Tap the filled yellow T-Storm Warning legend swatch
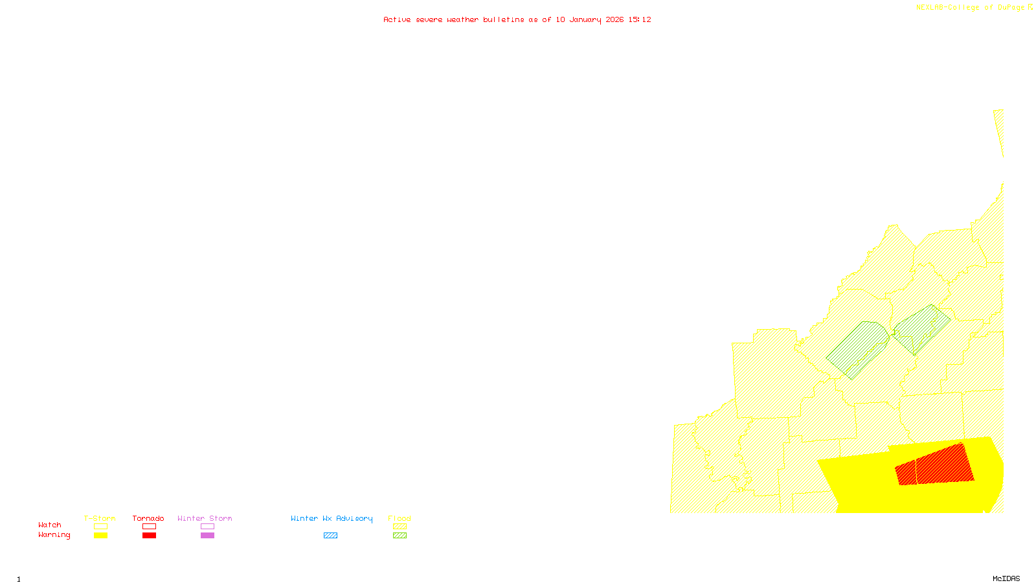coord(100,536)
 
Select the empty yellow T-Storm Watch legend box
coord(100,527)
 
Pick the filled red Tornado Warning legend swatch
coord(149,536)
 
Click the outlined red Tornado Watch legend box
coord(149,527)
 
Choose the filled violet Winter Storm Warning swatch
coord(207,536)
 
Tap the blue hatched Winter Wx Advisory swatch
coord(330,536)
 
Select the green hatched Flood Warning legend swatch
coord(400,536)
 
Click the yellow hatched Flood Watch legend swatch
coord(400,527)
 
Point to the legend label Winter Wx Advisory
coord(332,518)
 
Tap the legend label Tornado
coord(148,518)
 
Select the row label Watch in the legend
coord(50,525)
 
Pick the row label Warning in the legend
coord(54,535)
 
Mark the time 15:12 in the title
coord(640,19)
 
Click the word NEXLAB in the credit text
coord(930,8)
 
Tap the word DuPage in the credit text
coord(1011,8)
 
